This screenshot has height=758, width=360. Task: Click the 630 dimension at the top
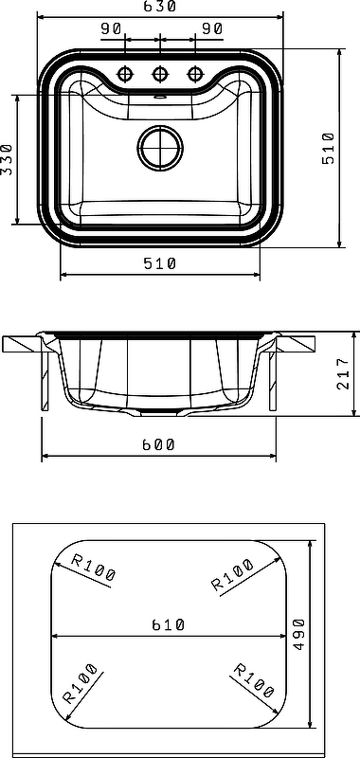159,7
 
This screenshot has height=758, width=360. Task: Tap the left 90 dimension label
111,29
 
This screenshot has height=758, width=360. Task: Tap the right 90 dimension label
211,29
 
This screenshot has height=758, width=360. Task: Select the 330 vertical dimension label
7,159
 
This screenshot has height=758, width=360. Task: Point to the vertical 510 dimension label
328,148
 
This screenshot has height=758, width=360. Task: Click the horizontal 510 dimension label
160,263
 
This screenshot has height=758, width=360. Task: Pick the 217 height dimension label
342,373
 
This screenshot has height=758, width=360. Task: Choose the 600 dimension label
158,444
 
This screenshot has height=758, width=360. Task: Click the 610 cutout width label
169,625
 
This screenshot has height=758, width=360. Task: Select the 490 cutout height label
298,634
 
